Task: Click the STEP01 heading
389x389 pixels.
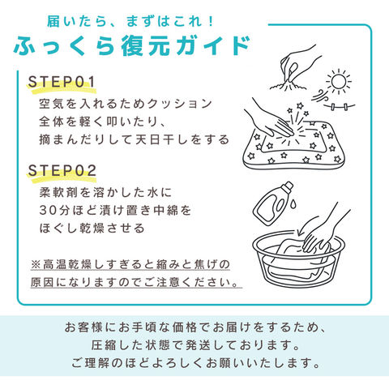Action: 62,82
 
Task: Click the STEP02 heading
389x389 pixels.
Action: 62,170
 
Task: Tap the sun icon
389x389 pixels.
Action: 338,81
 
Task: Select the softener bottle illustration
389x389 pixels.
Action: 273,204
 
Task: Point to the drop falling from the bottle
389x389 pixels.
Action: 293,203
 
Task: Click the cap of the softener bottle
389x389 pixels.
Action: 287,186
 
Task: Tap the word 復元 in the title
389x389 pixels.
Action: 145,46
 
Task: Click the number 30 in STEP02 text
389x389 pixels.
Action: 49,210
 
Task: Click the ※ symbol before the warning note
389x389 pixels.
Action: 36,264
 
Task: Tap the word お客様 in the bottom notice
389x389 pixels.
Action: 83,327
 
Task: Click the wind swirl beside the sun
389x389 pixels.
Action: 319,96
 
